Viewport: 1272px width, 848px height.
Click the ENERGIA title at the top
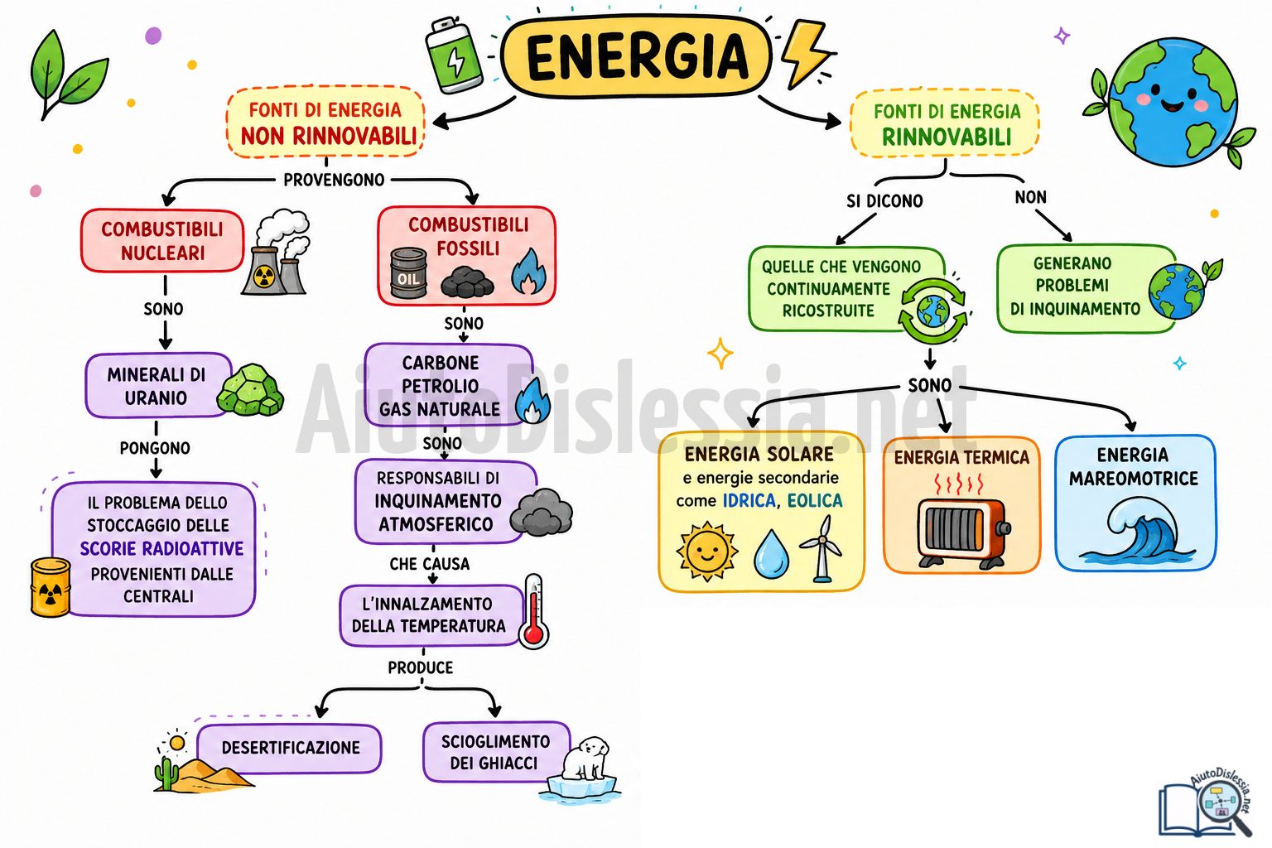[637, 55]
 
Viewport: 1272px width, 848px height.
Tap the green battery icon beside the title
[454, 55]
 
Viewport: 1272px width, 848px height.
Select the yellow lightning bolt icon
[805, 53]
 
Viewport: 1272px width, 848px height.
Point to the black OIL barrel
[408, 273]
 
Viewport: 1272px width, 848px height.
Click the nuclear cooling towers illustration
[277, 253]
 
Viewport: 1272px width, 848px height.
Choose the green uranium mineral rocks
[250, 390]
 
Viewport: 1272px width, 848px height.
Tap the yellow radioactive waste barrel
[51, 587]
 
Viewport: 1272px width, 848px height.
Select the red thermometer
[534, 611]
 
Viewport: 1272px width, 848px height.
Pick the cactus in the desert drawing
[166, 773]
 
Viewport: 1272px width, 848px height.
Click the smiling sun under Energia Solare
[707, 552]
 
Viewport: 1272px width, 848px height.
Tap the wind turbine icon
[821, 549]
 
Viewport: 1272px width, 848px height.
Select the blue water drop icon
[771, 554]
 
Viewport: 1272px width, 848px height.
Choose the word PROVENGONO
[334, 180]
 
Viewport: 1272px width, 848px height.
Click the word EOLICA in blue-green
[815, 500]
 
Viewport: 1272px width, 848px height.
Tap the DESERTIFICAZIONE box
[290, 748]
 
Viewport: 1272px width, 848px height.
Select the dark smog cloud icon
[541, 513]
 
